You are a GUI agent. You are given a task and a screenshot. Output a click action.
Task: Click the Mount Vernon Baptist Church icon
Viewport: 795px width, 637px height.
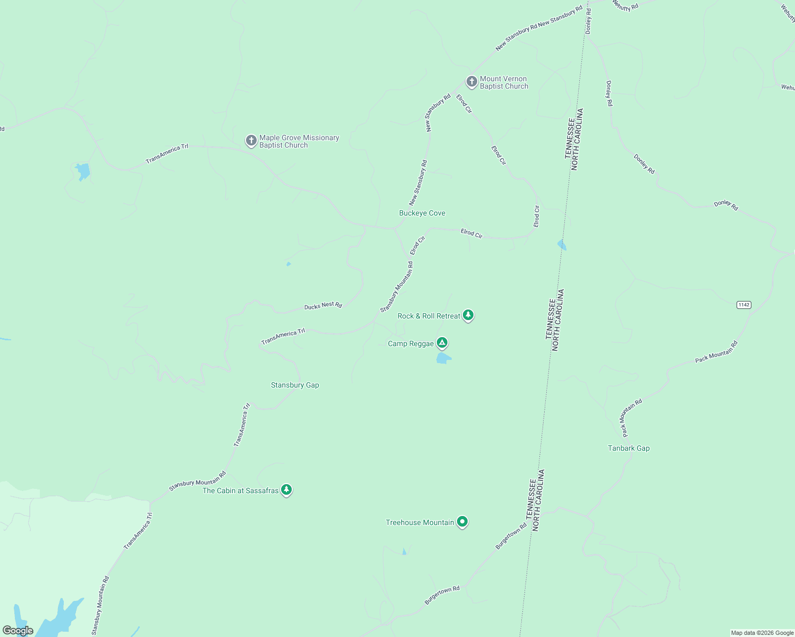(471, 82)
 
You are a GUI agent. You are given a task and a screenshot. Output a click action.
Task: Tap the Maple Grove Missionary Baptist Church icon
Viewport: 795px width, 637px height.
(251, 141)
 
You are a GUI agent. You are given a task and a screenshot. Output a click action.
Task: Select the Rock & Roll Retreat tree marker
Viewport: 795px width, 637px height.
(468, 315)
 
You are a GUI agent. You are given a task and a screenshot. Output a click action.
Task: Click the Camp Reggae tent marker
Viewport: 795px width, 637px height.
(442, 343)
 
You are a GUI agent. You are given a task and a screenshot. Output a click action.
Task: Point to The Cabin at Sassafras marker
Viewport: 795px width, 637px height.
(286, 489)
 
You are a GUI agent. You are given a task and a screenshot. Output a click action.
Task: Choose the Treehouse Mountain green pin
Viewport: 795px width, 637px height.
(462, 522)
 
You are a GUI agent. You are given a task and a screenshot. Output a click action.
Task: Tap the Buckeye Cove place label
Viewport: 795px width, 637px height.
(422, 213)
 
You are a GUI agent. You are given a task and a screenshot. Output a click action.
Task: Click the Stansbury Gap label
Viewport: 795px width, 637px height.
(295, 385)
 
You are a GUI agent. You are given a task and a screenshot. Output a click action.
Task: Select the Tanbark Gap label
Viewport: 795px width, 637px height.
(629, 448)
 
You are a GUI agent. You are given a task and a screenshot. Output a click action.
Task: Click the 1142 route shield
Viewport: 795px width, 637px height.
(743, 305)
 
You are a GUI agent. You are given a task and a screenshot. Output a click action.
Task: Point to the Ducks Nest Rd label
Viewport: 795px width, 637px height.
(323, 305)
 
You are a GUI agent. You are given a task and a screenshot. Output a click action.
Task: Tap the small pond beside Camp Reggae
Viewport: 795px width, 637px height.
(443, 358)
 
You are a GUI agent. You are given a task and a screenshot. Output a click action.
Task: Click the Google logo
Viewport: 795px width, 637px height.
(18, 631)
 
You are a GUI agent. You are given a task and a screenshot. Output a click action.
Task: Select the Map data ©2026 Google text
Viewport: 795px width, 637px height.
(762, 633)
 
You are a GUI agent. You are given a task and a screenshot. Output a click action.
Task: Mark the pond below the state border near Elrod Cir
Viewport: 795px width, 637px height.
(562, 245)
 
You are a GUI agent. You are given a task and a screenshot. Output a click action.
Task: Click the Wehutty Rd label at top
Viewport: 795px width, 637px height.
(625, 5)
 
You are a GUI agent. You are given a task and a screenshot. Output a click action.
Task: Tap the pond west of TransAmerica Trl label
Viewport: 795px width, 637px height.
(82, 171)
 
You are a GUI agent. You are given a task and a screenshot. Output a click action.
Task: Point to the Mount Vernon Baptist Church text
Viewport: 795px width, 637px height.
(504, 82)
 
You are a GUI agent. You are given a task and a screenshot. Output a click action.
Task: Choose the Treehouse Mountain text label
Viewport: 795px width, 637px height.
(420, 522)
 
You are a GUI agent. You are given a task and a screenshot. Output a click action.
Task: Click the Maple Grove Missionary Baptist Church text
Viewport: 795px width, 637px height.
(299, 141)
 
